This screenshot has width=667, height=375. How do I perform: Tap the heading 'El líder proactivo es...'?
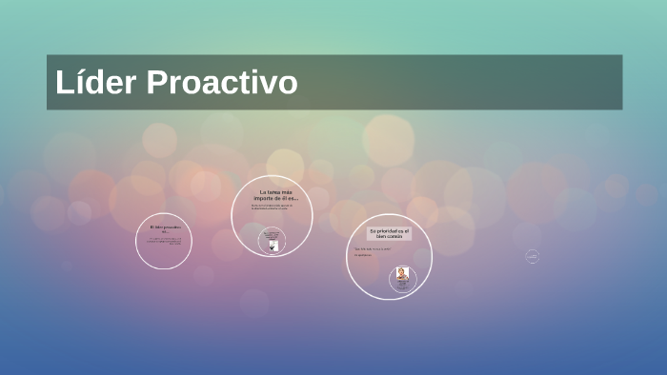(164, 230)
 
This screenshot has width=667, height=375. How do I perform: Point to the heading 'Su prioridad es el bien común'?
(389, 233)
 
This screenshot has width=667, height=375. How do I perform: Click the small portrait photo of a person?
(403, 274)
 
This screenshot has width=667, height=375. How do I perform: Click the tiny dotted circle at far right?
(532, 256)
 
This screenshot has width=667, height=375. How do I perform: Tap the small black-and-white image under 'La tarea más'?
(273, 246)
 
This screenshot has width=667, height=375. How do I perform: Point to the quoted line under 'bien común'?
(373, 249)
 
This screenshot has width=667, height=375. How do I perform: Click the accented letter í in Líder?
(79, 83)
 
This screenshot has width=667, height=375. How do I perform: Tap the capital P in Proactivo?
(157, 83)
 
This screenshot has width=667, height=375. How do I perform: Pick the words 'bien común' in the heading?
(389, 236)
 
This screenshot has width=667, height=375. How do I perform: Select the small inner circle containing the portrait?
(403, 279)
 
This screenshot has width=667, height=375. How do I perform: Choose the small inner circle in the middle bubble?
(273, 241)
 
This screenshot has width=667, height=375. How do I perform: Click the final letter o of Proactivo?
(288, 83)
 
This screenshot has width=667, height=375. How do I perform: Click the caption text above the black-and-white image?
(273, 234)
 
